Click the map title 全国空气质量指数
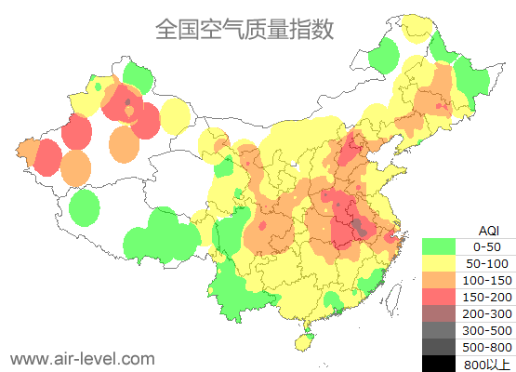tap(245, 29)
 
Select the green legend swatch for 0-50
tap(440, 246)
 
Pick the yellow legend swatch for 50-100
tap(440, 263)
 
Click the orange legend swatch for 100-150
tap(440, 280)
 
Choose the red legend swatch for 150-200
tap(440, 297)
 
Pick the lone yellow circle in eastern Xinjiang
tap(175, 116)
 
